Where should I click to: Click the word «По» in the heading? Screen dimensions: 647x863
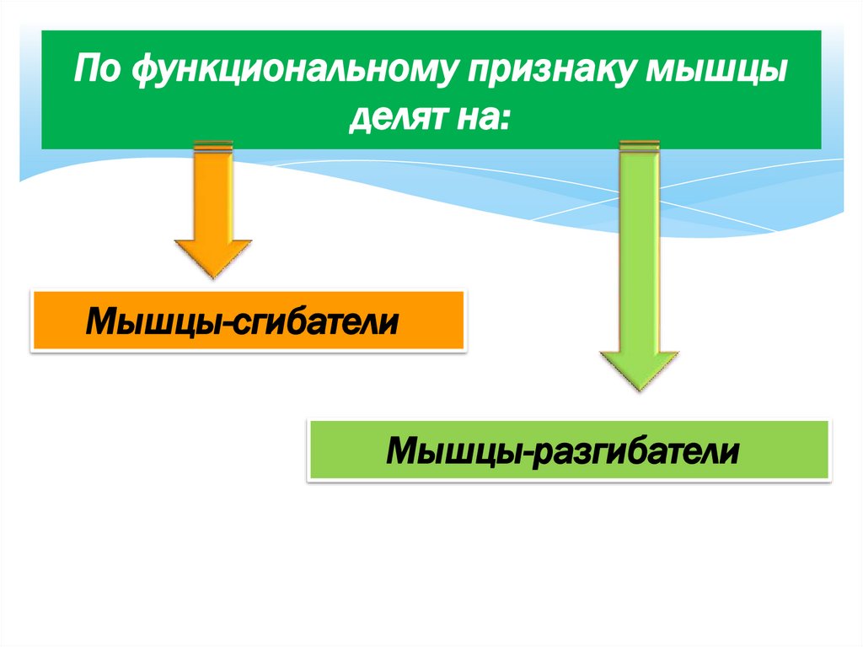pyautogui.click(x=94, y=69)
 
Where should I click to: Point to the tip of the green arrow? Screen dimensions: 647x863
pyautogui.click(x=639, y=389)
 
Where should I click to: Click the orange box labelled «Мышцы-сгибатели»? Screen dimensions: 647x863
pyautogui.click(x=248, y=321)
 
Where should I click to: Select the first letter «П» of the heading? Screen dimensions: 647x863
pyautogui.click(x=83, y=69)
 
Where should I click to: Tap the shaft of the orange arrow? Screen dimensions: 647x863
pyautogui.click(x=212, y=194)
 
